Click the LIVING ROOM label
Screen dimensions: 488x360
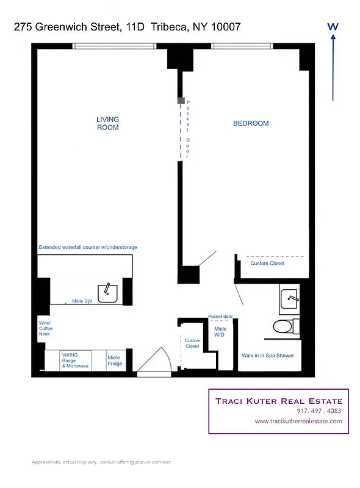(108, 123)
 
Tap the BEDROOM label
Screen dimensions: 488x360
(251, 123)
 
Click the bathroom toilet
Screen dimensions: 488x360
(283, 326)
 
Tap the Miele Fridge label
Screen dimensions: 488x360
(115, 361)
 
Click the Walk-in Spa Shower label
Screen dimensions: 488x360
(268, 356)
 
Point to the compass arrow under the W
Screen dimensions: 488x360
(333, 67)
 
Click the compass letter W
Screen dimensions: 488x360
(333, 27)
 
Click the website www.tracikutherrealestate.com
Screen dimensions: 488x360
(298, 421)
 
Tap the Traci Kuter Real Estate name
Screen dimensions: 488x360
(279, 401)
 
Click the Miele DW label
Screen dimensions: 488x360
(82, 301)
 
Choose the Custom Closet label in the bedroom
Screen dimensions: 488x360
(267, 264)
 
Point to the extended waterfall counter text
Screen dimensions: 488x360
(88, 248)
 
